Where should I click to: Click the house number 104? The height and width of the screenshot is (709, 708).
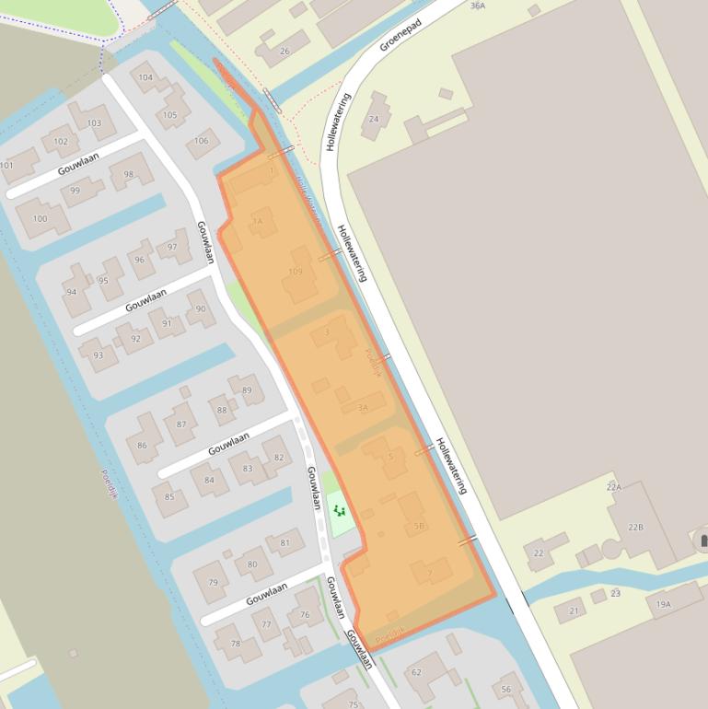pos(145,77)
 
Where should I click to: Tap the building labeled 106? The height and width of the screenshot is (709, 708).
pos(202,141)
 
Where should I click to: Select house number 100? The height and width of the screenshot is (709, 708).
pos(40,218)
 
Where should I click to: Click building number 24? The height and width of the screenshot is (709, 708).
pos(374,119)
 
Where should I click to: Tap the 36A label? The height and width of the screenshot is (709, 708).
pos(477,6)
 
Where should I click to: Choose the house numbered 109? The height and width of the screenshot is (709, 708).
pos(295,272)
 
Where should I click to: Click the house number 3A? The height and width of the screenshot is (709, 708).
pos(362,407)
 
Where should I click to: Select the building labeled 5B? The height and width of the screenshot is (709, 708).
pos(419,526)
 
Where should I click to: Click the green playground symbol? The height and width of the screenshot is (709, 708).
pos(339,510)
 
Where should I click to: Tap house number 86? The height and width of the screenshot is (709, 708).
pos(142,446)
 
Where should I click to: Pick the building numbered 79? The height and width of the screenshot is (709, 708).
pos(213,582)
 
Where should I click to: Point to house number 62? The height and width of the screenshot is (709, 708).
pos(416,672)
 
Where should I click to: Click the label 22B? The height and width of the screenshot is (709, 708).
pos(635,527)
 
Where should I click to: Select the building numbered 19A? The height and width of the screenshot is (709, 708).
pos(663,604)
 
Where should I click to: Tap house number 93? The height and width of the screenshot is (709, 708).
pos(98,355)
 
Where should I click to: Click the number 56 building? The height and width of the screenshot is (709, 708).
pos(505,690)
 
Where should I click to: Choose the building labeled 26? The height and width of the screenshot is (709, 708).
pos(284,52)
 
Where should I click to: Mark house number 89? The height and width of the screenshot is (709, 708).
pos(246,390)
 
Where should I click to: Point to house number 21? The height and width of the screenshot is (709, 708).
pos(574,610)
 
